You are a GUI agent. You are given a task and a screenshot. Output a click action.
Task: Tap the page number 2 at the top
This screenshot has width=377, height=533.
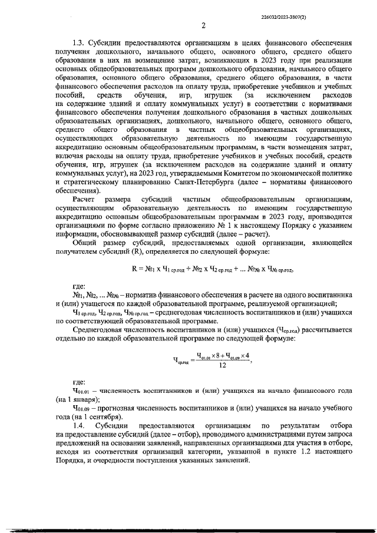pyautogui.click(x=203, y=25)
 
